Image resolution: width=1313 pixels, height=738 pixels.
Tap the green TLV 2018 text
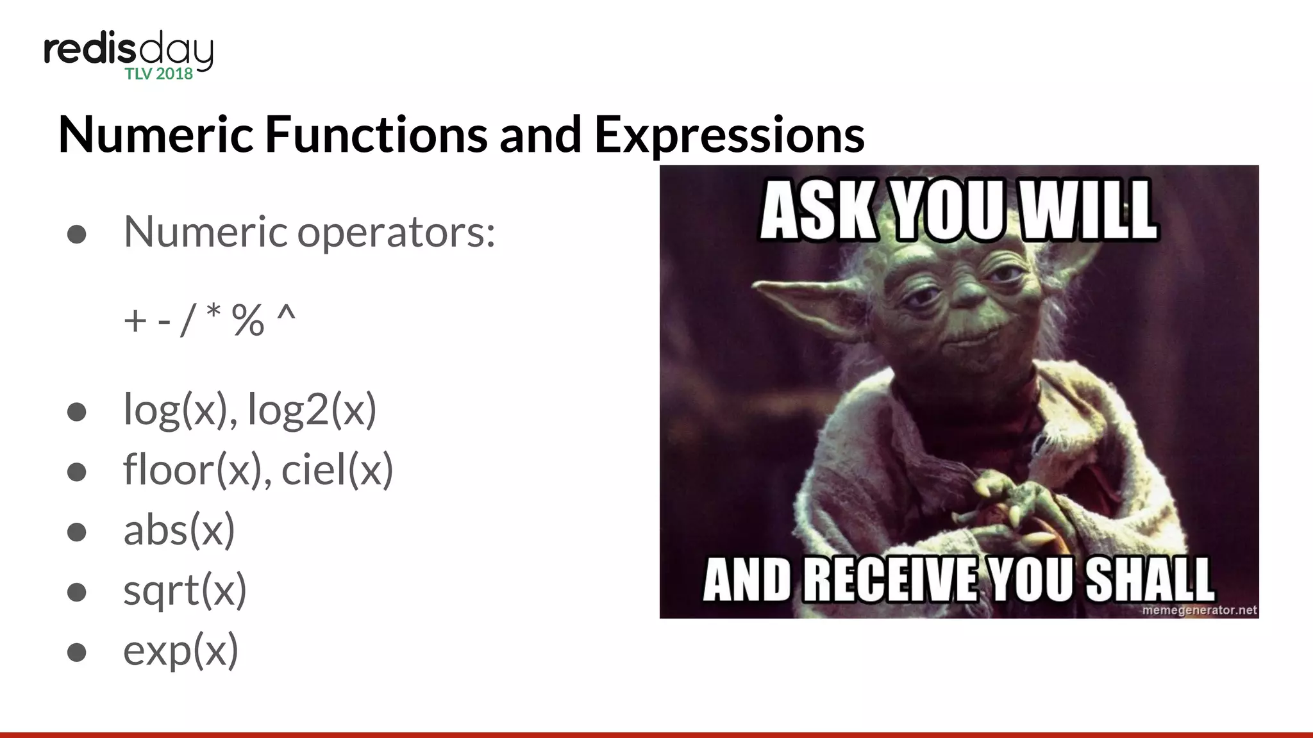(x=158, y=74)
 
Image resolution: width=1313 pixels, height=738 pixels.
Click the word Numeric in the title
(x=156, y=135)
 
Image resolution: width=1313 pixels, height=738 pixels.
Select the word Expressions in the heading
(x=730, y=135)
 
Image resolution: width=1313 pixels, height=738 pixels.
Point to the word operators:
(x=396, y=232)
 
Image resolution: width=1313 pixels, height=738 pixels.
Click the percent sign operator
(x=248, y=320)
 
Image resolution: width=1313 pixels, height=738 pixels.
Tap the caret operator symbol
(x=286, y=315)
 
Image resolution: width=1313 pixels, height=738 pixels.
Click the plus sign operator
(x=135, y=320)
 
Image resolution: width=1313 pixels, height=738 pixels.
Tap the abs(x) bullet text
(x=180, y=530)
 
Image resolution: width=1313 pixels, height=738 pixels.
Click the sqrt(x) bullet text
(x=185, y=590)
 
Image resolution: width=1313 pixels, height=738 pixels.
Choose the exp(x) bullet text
(x=181, y=650)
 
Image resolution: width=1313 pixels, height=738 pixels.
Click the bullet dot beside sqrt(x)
(x=77, y=591)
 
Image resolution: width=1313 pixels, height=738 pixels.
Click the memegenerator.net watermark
(x=1199, y=610)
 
